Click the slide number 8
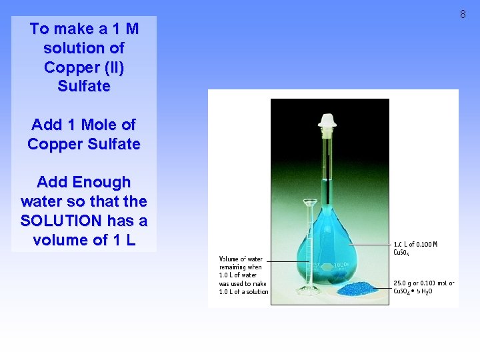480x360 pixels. click(x=463, y=14)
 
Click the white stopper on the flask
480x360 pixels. click(x=327, y=121)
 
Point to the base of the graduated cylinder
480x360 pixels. click(x=309, y=290)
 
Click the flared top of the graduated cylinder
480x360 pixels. click(x=309, y=201)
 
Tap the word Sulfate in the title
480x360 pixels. click(x=84, y=86)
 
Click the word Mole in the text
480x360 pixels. click(x=100, y=125)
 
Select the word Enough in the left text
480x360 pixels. click(x=101, y=182)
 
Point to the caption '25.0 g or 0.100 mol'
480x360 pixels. click(x=424, y=283)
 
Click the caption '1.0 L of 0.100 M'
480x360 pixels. click(x=415, y=244)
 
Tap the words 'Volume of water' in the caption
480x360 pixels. click(x=241, y=259)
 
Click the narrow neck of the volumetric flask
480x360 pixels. click(x=327, y=167)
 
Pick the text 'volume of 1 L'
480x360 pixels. click(x=84, y=239)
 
